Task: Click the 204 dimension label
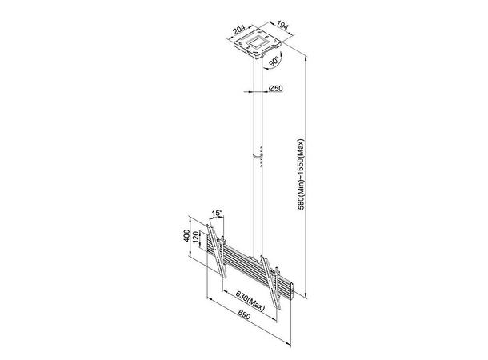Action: (x=239, y=30)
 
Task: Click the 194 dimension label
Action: (x=282, y=26)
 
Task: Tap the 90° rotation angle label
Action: (x=274, y=62)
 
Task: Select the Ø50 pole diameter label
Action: (x=275, y=88)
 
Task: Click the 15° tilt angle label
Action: (x=218, y=214)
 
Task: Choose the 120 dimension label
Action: (x=196, y=238)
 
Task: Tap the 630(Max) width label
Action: (x=250, y=301)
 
